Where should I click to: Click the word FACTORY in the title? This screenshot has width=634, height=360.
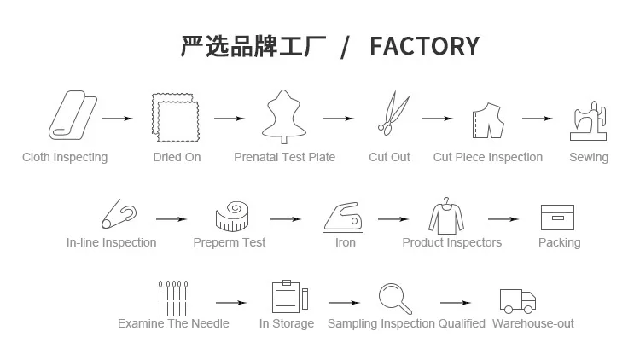pos(425,46)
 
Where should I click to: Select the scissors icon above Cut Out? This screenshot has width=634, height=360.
pos(393,113)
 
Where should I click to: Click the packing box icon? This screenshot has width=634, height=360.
pos(557,218)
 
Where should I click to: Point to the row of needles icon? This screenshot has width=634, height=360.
pos(173,299)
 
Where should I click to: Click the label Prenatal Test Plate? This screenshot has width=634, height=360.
pos(285,157)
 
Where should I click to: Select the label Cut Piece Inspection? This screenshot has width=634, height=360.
pos(488,157)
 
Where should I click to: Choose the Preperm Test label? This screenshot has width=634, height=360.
pos(230,242)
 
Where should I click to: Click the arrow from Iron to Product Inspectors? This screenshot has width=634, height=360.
pos(393,219)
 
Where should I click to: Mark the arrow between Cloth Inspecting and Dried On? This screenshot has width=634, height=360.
pos(118,119)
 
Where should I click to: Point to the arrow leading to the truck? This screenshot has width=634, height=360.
pos(456,303)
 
